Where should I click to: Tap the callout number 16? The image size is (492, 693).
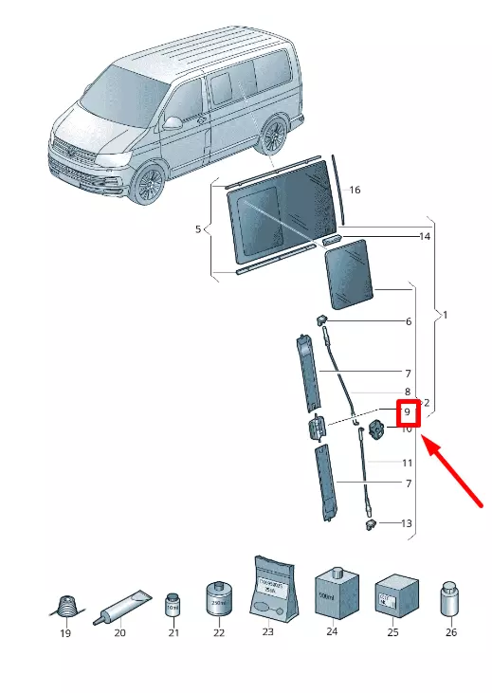355,189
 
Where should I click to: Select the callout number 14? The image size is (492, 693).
424,237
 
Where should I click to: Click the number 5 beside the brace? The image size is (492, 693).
198,229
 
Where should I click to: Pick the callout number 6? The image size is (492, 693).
408,322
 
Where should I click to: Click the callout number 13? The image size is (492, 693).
406,523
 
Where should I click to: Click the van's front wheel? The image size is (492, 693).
150,185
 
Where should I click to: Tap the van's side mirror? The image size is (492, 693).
173,123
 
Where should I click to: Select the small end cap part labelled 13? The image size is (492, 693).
370,524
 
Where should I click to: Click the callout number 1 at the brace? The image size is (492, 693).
445,315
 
